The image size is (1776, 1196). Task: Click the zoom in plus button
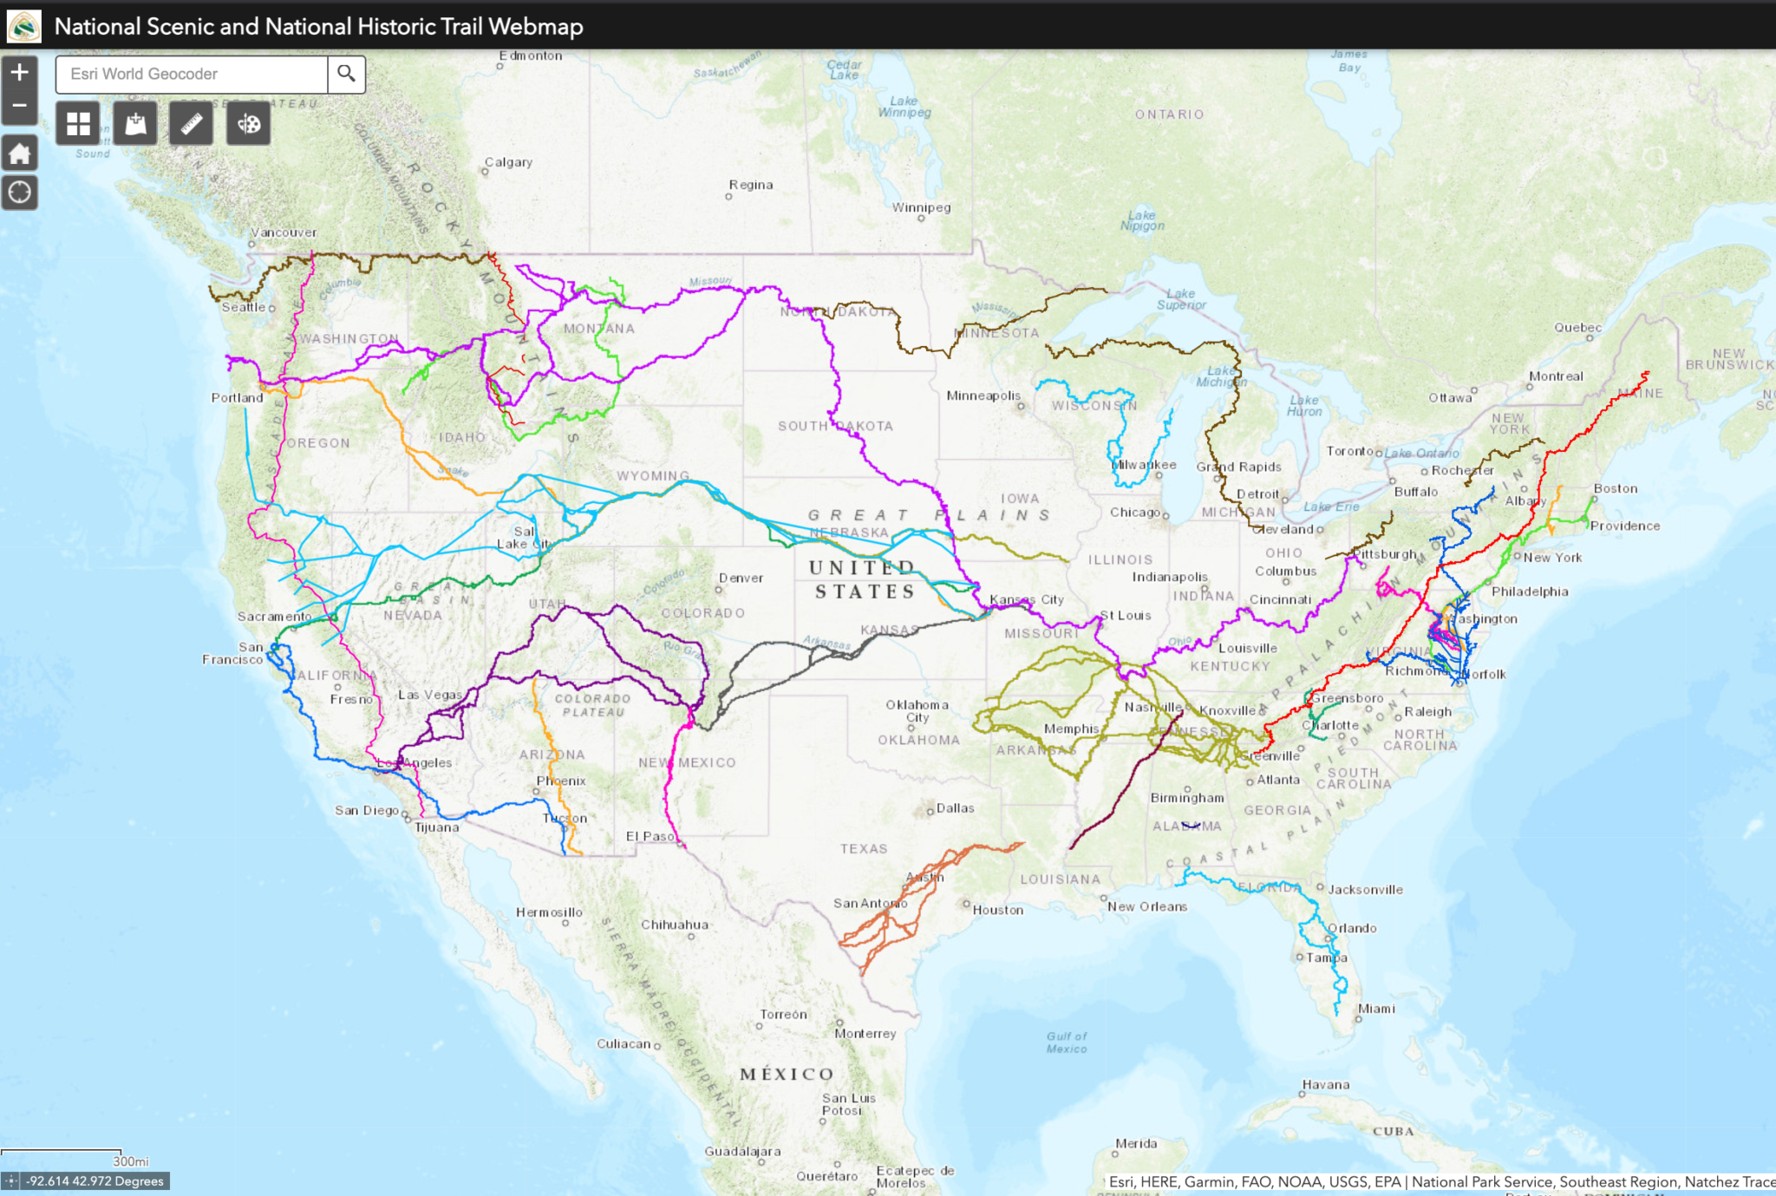(x=19, y=73)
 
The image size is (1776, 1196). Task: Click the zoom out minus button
(x=19, y=106)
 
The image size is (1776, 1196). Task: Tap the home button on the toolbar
(x=19, y=154)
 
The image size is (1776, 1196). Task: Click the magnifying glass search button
(x=346, y=74)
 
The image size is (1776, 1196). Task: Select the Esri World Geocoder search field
(x=191, y=74)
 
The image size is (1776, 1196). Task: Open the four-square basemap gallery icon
(x=78, y=124)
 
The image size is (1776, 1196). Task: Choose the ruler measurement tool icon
(x=192, y=124)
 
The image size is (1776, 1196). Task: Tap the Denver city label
(x=741, y=578)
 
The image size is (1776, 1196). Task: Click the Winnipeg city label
(x=922, y=207)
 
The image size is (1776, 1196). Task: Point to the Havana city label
(x=1325, y=1084)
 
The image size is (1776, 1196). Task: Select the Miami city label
(x=1376, y=1008)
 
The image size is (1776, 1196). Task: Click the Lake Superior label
(x=1181, y=299)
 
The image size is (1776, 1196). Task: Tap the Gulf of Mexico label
(x=1067, y=1042)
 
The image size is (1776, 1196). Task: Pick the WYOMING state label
(x=653, y=475)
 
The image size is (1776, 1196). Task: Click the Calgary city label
(x=508, y=162)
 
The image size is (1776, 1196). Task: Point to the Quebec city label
(x=1577, y=327)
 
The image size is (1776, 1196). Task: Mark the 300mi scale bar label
(x=130, y=1161)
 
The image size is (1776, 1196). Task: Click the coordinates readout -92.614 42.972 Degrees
(x=95, y=1181)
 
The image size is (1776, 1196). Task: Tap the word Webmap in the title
(x=535, y=26)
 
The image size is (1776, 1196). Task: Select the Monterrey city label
(x=865, y=1033)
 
